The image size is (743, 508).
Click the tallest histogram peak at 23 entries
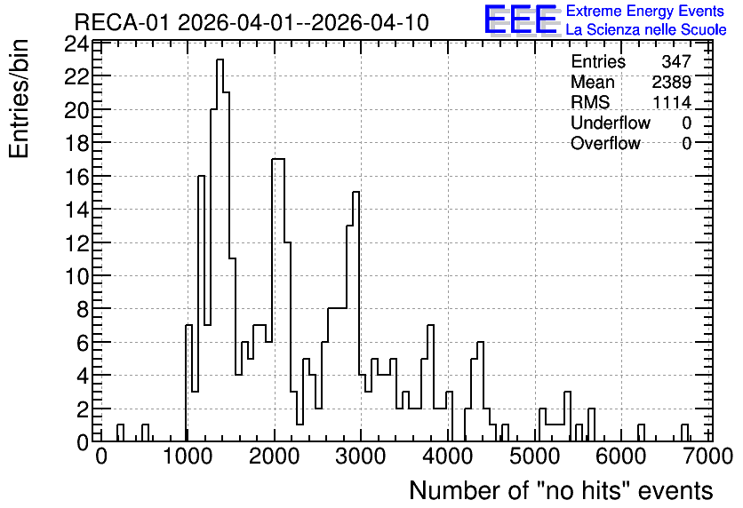(220, 60)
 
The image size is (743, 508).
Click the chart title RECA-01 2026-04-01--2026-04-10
(252, 22)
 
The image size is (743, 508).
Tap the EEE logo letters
(521, 20)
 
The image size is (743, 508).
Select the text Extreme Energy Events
(645, 11)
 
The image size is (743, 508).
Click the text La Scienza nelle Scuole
(646, 29)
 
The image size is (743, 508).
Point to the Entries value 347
(676, 61)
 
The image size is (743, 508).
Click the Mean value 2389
(671, 82)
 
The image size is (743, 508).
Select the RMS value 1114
(672, 102)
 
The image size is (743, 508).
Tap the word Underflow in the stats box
(611, 123)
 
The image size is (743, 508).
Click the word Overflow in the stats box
(605, 143)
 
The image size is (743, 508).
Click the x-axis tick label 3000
(361, 456)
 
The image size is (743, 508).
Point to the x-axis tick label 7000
(708, 456)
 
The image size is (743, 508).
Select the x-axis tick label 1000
(188, 456)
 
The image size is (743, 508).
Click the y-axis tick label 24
(76, 45)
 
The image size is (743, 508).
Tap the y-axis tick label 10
(76, 276)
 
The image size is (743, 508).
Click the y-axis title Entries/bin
(19, 99)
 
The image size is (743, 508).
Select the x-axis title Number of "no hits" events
(561, 490)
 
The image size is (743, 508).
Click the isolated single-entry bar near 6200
(641, 433)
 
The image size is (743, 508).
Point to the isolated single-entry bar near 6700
(684, 433)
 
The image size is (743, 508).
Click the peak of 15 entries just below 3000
(356, 193)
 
